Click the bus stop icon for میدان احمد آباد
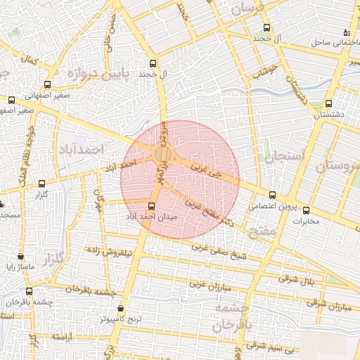point(153,206)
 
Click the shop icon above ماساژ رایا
point(20,257)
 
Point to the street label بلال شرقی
point(292,279)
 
